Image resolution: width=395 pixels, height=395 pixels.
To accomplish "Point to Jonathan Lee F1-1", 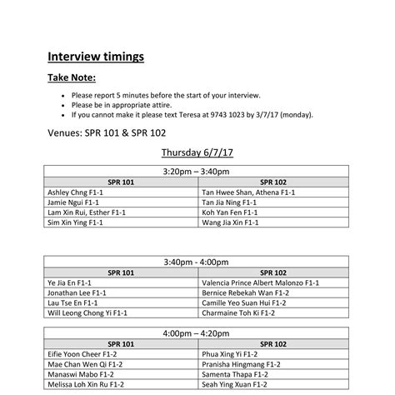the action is pyautogui.click(x=76, y=293).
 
